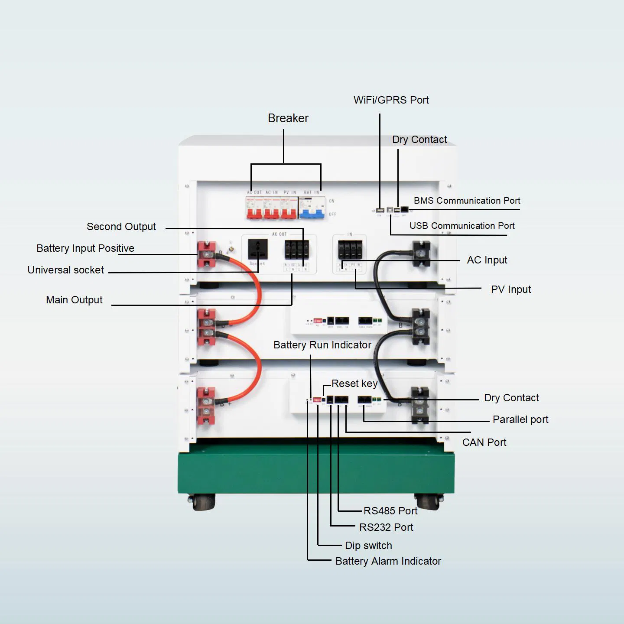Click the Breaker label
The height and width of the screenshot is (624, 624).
click(288, 118)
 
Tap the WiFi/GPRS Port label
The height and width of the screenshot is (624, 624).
click(391, 100)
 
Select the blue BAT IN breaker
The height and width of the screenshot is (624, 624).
click(312, 208)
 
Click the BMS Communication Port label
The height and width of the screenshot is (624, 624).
click(467, 201)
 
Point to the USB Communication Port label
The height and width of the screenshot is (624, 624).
click(462, 226)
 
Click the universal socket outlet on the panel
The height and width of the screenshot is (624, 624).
click(257, 249)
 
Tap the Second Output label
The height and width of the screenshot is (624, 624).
click(121, 227)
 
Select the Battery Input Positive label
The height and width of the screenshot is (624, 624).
click(85, 248)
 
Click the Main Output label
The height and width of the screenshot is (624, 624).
click(74, 300)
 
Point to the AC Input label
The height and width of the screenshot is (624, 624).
click(487, 260)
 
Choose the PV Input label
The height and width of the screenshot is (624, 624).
click(510, 289)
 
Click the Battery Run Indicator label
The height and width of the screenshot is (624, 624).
click(322, 345)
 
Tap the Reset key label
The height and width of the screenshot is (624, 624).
click(354, 383)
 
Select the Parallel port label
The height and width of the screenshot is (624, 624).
click(520, 419)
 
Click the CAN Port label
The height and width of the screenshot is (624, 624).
click(484, 442)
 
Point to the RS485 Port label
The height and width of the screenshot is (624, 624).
click(390, 511)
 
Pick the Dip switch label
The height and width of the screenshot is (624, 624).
click(368, 546)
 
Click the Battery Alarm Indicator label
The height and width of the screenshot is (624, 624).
click(388, 561)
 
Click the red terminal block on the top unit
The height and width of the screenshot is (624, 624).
click(207, 254)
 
